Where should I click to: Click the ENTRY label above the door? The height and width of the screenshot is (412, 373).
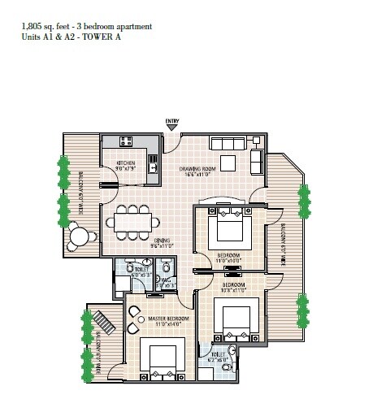(x=171, y=122)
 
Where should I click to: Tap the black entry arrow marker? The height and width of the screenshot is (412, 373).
(x=171, y=128)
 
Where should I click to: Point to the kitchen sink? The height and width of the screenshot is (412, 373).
(x=153, y=167)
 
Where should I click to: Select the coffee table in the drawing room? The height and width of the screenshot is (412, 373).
(x=231, y=163)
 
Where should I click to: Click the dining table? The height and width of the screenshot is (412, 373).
(x=132, y=221)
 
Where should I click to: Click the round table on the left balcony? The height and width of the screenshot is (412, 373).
(x=80, y=238)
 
